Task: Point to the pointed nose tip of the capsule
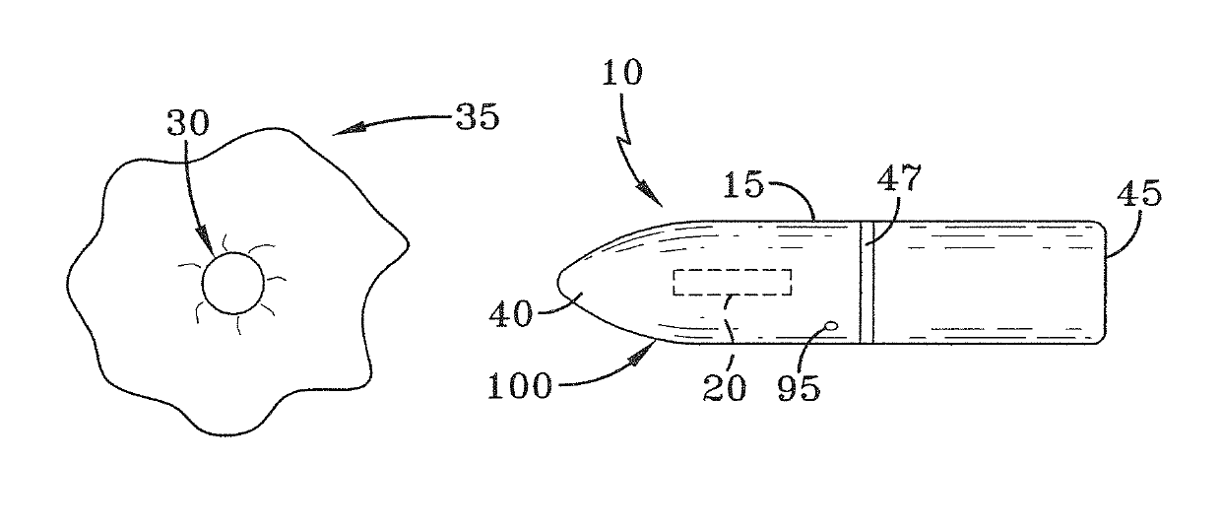click(558, 283)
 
